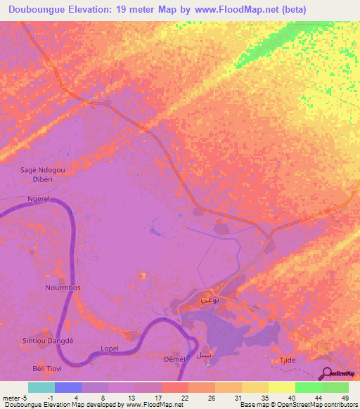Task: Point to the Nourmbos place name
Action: click(x=63, y=288)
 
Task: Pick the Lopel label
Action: click(x=109, y=349)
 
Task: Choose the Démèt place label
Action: click(x=174, y=359)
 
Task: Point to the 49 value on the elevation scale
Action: click(x=345, y=398)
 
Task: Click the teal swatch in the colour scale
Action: click(x=41, y=387)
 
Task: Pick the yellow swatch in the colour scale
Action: click(x=281, y=387)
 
